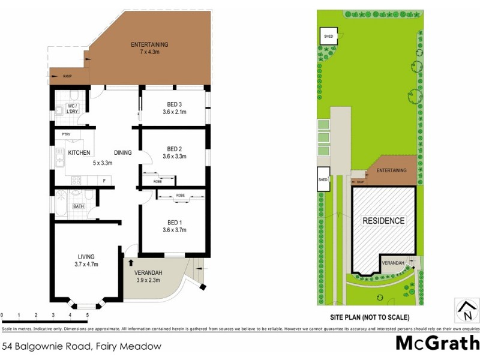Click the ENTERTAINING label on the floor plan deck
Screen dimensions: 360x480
coord(150,44)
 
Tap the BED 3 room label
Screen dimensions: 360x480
coord(174,104)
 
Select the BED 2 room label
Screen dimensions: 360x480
coord(174,149)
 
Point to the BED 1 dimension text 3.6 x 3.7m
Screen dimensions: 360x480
coord(174,230)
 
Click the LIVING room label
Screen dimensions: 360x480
coord(86,257)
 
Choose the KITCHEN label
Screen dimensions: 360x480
coord(79,153)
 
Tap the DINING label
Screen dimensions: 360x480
coord(122,153)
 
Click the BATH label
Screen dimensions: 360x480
coord(79,207)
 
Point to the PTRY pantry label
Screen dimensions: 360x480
coord(66,134)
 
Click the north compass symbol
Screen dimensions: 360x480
coord(466,310)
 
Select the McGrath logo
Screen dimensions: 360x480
coord(436,343)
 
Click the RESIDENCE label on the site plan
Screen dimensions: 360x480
coord(383,221)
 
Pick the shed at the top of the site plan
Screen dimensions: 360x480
coord(329,36)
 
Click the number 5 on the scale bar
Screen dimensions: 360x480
coord(87,314)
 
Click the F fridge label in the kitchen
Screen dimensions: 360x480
coord(104,180)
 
